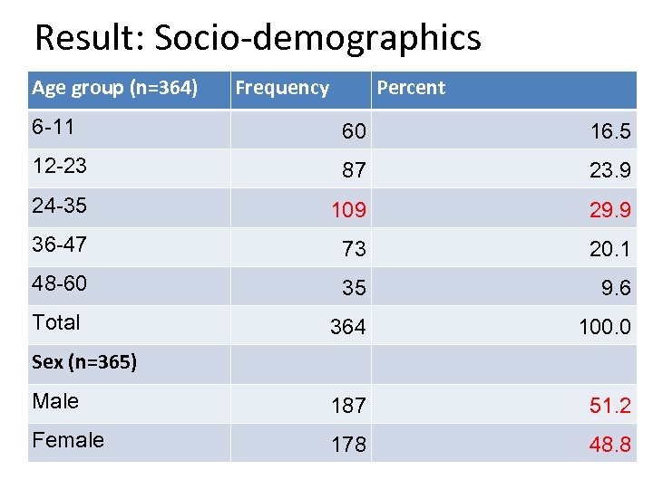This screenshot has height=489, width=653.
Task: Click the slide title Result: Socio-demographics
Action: [258, 38]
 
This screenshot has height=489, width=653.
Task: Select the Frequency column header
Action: [282, 88]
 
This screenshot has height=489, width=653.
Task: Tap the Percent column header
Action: [411, 88]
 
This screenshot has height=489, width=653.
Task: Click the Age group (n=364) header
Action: [115, 88]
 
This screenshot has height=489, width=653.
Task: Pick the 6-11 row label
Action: [53, 127]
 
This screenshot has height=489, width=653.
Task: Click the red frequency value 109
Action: [348, 210]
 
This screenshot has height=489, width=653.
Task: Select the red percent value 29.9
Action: [610, 210]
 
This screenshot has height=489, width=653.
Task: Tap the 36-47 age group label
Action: [59, 244]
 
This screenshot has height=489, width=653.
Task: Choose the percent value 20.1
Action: [610, 249]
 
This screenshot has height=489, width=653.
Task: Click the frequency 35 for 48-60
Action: [354, 288]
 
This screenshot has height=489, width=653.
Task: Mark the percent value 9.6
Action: [617, 288]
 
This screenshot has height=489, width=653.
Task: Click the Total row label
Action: [56, 322]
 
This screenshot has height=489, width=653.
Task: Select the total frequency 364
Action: [348, 327]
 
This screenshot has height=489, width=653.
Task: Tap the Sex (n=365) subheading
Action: [84, 362]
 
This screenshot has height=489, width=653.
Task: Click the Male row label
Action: [55, 401]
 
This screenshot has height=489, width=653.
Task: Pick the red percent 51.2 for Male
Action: [610, 406]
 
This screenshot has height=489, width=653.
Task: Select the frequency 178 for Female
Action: [348, 445]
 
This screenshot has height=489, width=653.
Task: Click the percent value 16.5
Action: [610, 132]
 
